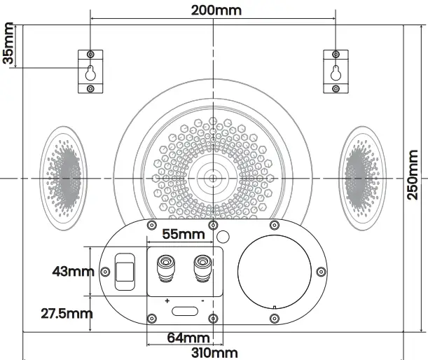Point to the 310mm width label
[214, 353]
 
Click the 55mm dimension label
[183, 233]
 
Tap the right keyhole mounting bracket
[336, 71]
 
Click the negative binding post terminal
[202, 268]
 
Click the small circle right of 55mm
[224, 236]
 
